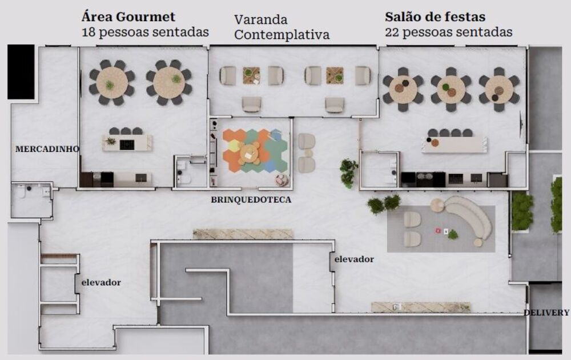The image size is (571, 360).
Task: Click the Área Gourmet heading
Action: coord(128,17)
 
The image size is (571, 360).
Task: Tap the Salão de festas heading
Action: coord(435,17)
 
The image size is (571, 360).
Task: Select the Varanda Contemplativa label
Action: coord(282,27)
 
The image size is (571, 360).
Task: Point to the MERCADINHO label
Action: coord(47,149)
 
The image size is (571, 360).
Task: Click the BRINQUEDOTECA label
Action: coord(251,200)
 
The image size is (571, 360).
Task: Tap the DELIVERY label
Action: coord(546,313)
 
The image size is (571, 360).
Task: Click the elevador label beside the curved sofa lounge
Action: coord(354,259)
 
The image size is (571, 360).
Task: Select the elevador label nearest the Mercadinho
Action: coord(101,282)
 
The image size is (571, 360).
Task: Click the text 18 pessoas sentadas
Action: coord(145,32)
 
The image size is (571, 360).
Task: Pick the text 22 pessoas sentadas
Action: coord(448,32)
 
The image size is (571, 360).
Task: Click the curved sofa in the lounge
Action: coord(471,217)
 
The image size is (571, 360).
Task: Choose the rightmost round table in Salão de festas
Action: coord(499,89)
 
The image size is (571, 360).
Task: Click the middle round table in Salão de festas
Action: coord(451,89)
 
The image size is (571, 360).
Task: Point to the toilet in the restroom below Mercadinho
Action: coord(21,192)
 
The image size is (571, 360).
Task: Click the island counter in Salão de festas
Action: coord(455,144)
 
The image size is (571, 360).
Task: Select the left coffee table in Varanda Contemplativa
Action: coord(251,75)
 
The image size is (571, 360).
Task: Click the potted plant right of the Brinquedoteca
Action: coord(348,173)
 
